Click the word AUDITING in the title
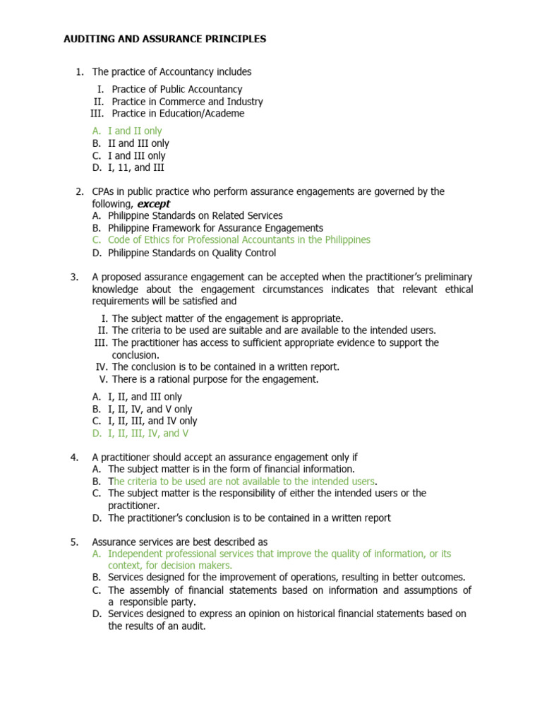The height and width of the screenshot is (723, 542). [x=86, y=39]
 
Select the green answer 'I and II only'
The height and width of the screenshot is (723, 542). [x=135, y=131]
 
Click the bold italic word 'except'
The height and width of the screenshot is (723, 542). [x=153, y=204]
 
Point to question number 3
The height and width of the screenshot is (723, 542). [x=74, y=277]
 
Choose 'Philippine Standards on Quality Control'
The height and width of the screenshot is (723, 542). [x=192, y=253]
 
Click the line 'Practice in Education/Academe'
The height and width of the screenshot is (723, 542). [x=178, y=114]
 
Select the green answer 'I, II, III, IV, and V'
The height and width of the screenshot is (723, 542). [x=148, y=434]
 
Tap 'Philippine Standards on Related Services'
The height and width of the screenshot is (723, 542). [x=195, y=215]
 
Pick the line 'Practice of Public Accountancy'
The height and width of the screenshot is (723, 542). [x=176, y=90]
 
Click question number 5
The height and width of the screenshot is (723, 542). [x=74, y=542]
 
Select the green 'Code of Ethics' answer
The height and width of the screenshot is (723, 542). [x=239, y=240]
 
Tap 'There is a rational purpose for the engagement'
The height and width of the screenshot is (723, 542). [x=215, y=379]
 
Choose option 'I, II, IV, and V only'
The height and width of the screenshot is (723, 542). [x=150, y=409]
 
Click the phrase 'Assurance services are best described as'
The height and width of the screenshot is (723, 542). [x=179, y=542]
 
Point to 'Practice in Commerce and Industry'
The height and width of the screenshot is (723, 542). [x=187, y=102]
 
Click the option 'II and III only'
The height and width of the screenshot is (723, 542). [x=138, y=143]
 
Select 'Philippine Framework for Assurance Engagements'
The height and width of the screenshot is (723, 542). [x=215, y=228]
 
